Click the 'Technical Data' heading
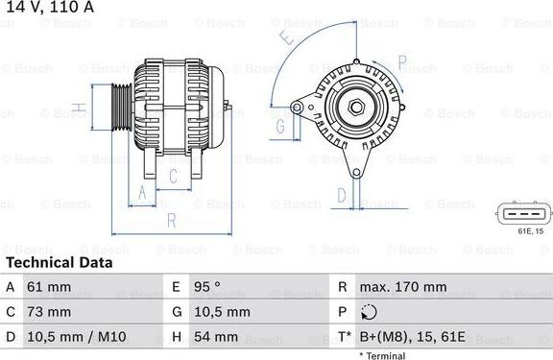pos(59,262)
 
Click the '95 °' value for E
pos(208,287)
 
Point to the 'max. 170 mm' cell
pos(403,287)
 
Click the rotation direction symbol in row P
pos(371,312)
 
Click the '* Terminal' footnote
pos(383,355)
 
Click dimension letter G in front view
pos(281,126)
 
